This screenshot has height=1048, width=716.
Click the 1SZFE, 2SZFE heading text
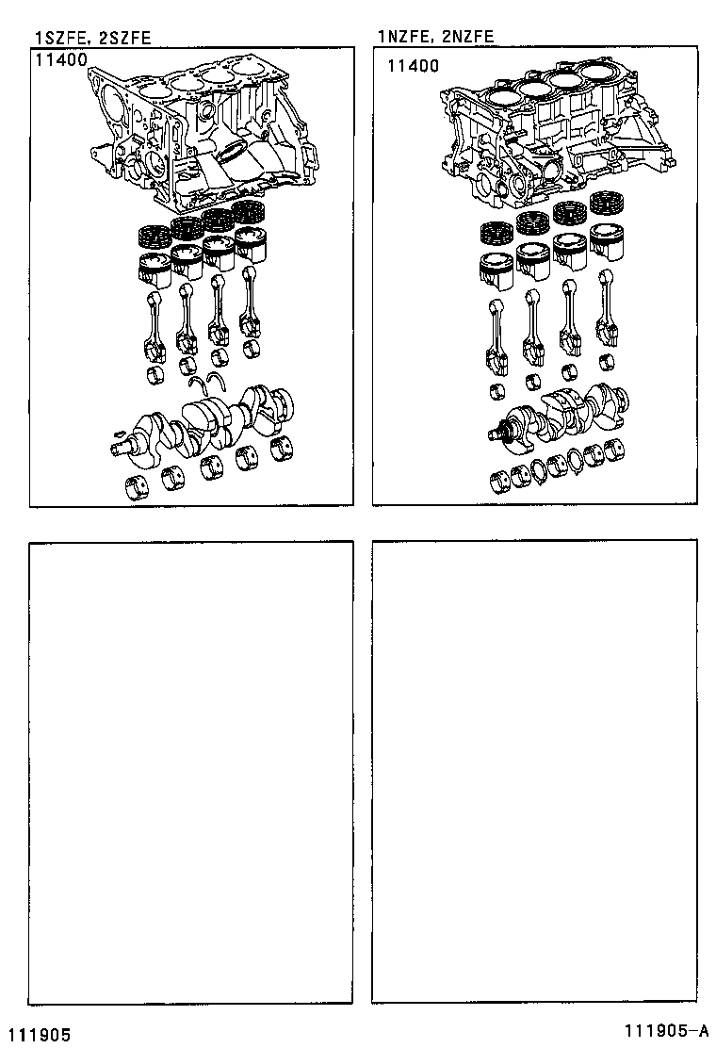[x=92, y=38]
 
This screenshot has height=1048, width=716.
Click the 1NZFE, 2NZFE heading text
[x=435, y=38]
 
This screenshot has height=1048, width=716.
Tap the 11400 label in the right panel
[x=413, y=66]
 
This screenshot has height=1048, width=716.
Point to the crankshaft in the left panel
[x=207, y=424]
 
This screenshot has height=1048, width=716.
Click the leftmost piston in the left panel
[x=155, y=269]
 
